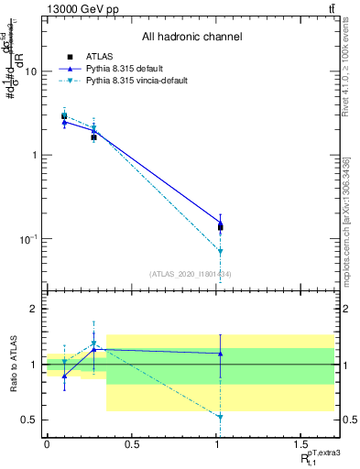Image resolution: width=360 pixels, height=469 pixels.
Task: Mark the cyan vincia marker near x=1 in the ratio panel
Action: (220, 417)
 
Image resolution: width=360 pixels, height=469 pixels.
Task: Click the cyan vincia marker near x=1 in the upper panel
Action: (220, 251)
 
